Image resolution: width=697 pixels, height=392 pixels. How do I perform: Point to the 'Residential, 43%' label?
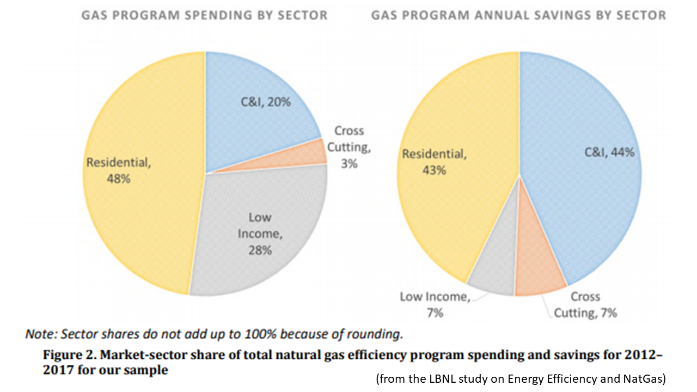pyautogui.click(x=434, y=162)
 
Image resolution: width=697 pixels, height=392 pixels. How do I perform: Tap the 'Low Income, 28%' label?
pyautogui.click(x=260, y=234)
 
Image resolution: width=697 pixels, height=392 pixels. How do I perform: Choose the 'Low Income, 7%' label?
pyautogui.click(x=435, y=305)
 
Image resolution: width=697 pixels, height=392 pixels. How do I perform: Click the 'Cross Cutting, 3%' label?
pyautogui.click(x=348, y=147)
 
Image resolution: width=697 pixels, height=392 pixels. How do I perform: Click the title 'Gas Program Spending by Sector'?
pyautogui.click(x=204, y=15)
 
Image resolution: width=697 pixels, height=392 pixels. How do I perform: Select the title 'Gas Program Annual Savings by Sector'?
pyautogui.click(x=518, y=15)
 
